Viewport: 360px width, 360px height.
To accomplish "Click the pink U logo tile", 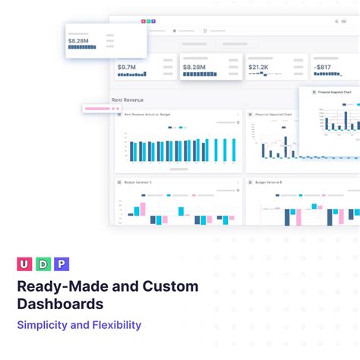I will coord(24,264).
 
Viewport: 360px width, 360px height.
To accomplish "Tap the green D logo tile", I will coord(43,264).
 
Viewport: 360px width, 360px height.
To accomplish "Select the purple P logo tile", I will coord(62,264).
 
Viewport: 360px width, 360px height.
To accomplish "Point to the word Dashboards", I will coord(61,305).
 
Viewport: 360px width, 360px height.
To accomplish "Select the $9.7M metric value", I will coord(127,68).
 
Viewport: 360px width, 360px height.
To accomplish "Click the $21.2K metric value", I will coord(258,68).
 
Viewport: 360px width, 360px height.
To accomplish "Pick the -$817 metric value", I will coord(324,68).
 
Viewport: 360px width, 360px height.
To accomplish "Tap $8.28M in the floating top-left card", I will coord(79,40).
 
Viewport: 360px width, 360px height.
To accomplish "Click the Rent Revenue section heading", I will coord(127,99).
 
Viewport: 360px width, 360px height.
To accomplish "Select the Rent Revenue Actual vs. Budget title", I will coord(148,114).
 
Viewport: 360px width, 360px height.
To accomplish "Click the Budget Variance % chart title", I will coord(140,182).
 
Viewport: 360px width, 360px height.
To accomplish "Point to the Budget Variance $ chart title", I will coord(269,182).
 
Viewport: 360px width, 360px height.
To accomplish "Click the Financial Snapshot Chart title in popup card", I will coord(335,92).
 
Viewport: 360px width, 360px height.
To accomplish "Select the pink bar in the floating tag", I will coord(97,109).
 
